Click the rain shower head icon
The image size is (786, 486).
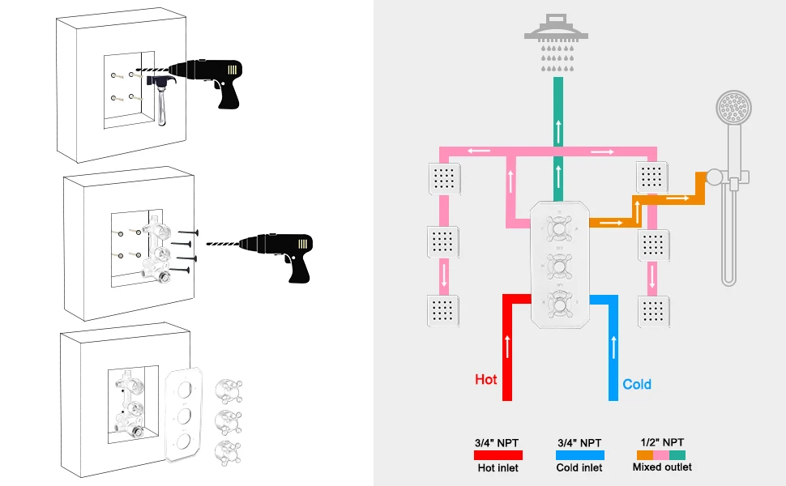tap(557, 43)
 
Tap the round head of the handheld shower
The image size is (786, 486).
tap(733, 107)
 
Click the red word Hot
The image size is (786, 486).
tap(485, 379)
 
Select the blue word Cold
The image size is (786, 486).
tap(637, 384)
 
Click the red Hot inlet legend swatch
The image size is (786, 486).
tap(498, 455)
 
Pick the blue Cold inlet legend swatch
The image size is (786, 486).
tap(580, 455)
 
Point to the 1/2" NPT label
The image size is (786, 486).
tap(662, 442)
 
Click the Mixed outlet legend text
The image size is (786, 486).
tap(662, 467)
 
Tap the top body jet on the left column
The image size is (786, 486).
tap(444, 178)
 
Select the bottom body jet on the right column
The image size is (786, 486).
tap(653, 312)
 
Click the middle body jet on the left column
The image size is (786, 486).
tap(442, 241)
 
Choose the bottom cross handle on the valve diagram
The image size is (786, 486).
tap(559, 304)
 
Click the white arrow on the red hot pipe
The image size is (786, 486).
tap(507, 346)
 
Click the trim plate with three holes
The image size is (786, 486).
tap(184, 416)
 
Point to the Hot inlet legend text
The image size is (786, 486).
tap(498, 468)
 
